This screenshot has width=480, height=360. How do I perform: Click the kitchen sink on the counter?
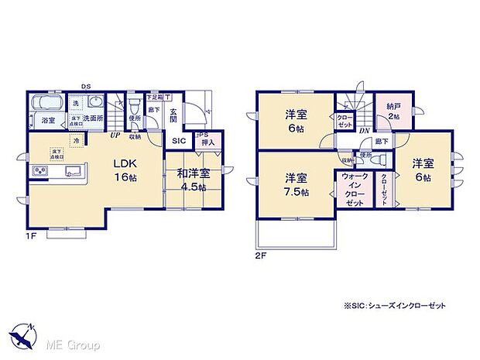tap(74, 171)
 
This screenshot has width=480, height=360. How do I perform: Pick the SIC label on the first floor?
tap(179, 141)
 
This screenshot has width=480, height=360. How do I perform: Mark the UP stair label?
tap(115, 135)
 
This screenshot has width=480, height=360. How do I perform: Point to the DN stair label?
tap(363, 131)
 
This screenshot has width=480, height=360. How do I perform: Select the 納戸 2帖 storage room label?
tap(393, 111)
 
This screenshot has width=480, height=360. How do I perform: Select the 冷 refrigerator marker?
tap(77, 141)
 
